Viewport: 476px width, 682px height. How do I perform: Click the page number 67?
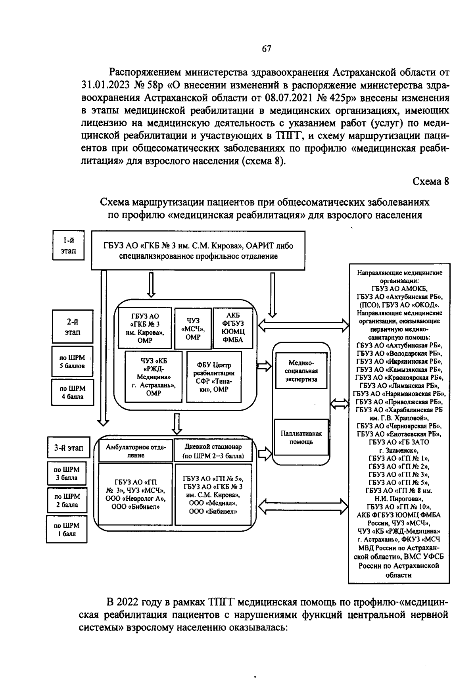[267, 49]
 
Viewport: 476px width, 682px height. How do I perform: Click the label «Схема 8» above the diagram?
[431, 182]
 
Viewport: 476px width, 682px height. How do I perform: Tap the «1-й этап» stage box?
[68, 246]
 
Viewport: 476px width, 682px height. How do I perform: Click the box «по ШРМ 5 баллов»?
[72, 362]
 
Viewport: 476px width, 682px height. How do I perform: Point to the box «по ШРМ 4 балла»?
[72, 392]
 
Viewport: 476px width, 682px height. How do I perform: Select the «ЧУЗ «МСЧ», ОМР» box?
[193, 329]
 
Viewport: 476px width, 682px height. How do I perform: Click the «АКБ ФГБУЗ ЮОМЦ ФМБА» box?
[233, 328]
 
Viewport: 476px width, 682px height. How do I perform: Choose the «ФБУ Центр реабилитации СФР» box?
[214, 377]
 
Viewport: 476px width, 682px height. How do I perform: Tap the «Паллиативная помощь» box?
[301, 437]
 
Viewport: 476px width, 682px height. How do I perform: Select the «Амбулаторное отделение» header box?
[136, 451]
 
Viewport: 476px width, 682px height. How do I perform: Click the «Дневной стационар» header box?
[213, 451]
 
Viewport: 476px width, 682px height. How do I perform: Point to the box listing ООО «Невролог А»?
[136, 494]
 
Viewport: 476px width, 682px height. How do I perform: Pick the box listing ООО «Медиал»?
[213, 494]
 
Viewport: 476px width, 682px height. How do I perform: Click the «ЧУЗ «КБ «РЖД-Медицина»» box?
[154, 377]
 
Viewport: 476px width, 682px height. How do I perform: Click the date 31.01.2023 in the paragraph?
[105, 85]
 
